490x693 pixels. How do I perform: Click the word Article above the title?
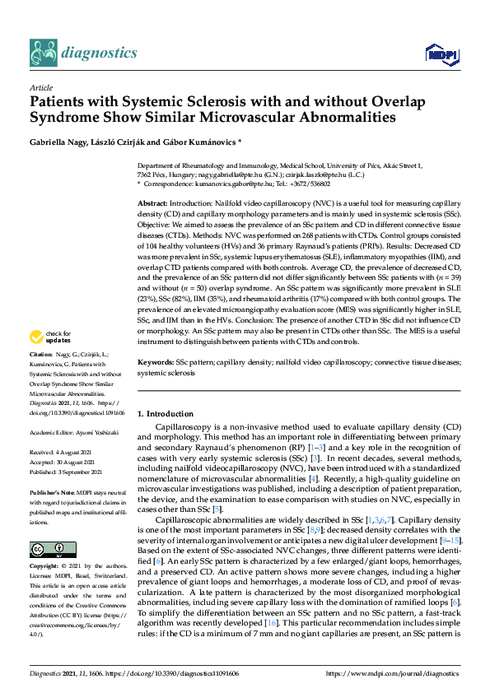coord(40,87)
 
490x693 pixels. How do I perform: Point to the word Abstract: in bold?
coord(152,202)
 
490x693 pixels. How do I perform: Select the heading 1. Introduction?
coord(165,413)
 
